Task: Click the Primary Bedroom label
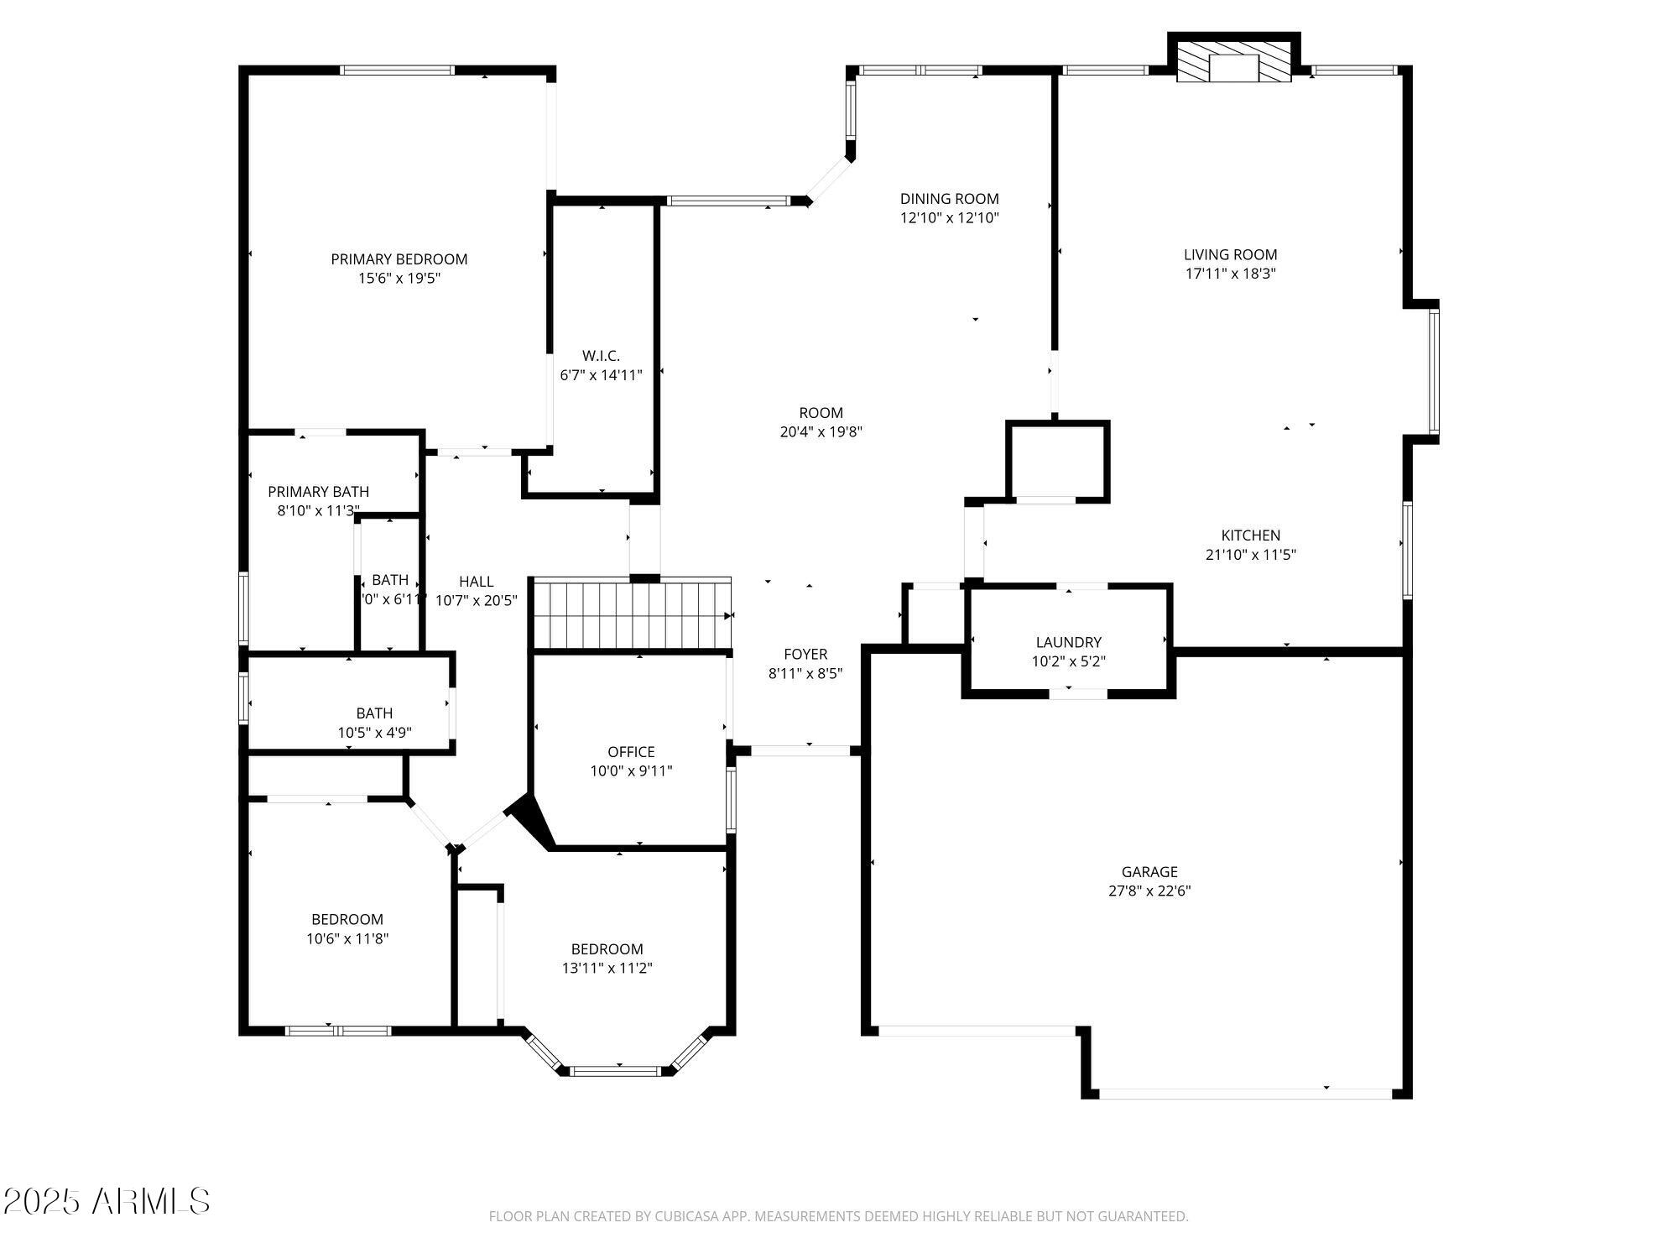point(399,259)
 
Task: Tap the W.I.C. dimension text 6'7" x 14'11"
point(601,375)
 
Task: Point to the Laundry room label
point(1068,642)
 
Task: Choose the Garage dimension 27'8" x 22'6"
point(1149,891)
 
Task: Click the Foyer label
point(805,654)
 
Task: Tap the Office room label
point(631,752)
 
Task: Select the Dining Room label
point(949,199)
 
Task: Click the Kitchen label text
point(1250,535)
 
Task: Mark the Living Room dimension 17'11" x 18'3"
point(1231,273)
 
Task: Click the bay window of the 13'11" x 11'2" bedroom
point(616,1070)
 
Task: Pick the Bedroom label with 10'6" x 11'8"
point(347,919)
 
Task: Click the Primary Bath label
point(318,492)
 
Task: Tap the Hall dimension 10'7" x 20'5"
point(476,600)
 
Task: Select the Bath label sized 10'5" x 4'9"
point(374,713)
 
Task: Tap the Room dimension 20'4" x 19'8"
point(821,431)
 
